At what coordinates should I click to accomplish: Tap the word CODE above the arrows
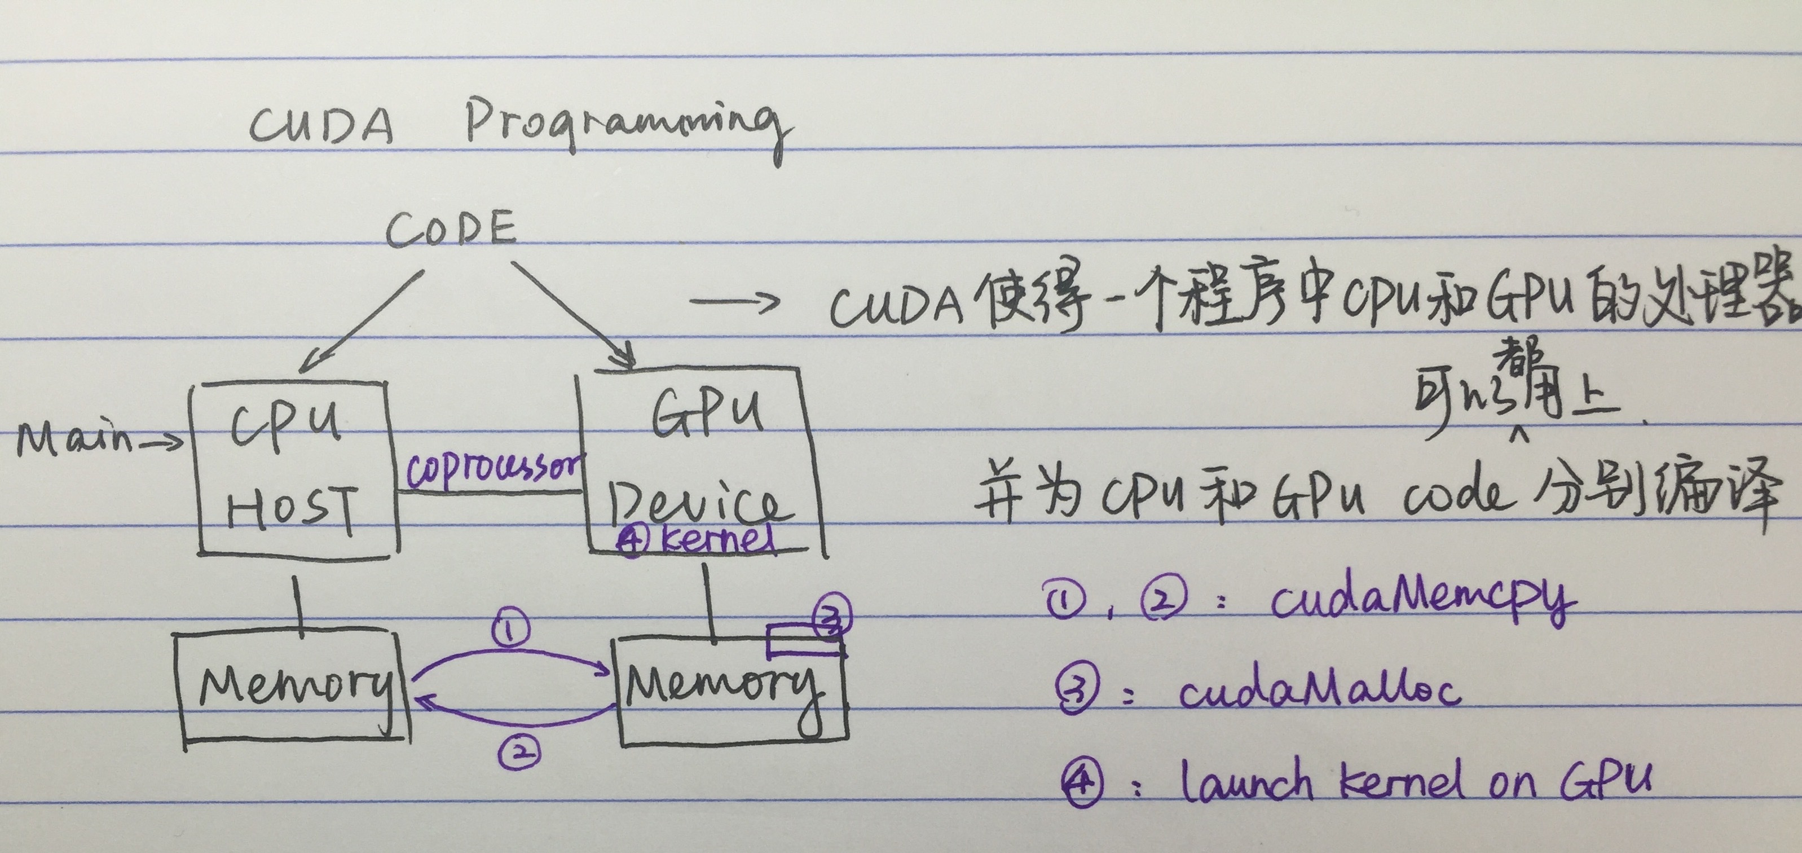pyautogui.click(x=451, y=230)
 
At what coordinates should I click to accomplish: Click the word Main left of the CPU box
pyautogui.click(x=73, y=439)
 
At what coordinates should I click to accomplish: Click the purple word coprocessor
pyautogui.click(x=493, y=468)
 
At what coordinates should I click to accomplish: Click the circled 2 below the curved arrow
pyautogui.click(x=521, y=751)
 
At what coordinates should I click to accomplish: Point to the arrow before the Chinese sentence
pyautogui.click(x=734, y=302)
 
